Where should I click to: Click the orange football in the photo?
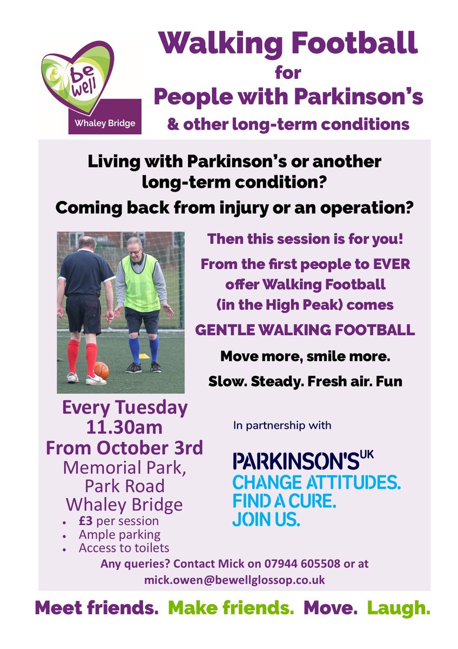pyautogui.click(x=101, y=370)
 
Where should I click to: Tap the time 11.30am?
pyautogui.click(x=124, y=427)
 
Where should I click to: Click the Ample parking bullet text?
pyautogui.click(x=119, y=535)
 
